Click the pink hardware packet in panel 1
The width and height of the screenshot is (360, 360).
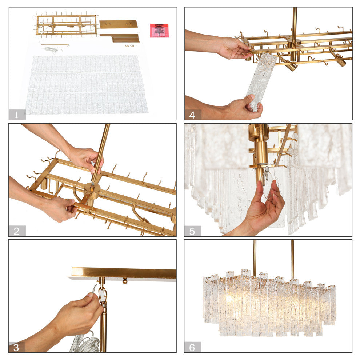click(159, 31)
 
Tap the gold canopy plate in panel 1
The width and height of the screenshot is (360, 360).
click(118, 24)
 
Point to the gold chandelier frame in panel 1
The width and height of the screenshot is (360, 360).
click(67, 25)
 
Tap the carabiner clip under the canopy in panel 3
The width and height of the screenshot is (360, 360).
click(103, 295)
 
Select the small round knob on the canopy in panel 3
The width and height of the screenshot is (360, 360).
click(125, 281)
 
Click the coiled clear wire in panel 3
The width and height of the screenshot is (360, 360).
click(85, 344)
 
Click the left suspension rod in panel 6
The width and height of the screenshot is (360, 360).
click(254, 256)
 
